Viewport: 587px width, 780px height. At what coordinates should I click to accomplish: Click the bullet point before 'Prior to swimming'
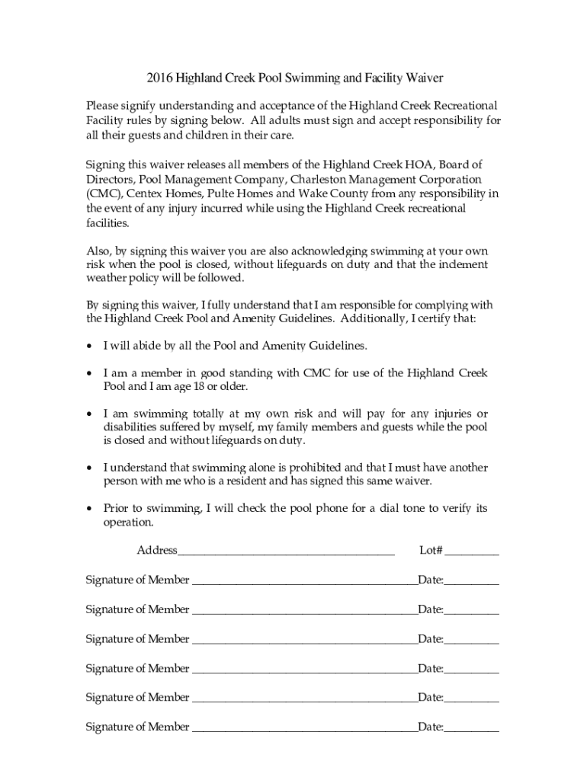89,508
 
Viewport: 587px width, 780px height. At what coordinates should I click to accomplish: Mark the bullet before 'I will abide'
89,346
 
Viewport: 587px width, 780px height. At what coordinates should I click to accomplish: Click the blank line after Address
286,551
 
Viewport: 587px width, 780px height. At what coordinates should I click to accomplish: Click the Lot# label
432,551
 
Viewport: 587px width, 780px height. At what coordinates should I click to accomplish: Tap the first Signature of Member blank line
303,581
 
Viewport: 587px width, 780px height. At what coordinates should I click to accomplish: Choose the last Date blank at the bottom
471,728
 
